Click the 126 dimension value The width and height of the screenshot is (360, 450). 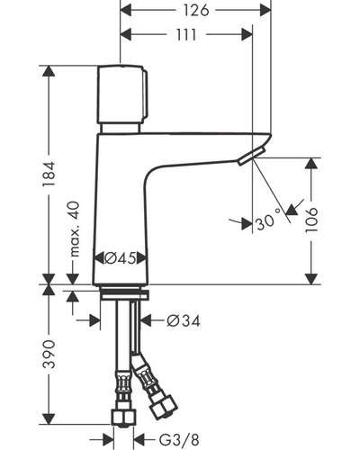196,11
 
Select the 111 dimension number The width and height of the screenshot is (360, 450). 186,35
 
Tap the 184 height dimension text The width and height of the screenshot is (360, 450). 49,174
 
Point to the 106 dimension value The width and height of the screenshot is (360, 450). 311,220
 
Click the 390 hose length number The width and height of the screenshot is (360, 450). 49,354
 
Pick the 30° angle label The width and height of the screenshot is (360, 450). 269,221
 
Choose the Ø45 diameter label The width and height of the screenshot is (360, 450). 120,258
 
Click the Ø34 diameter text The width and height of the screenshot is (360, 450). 184,321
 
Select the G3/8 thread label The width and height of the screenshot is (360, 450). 179,440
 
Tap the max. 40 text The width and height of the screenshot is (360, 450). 74,229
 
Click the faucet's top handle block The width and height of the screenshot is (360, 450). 122,94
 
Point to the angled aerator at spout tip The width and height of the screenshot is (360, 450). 251,157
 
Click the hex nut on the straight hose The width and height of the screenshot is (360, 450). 123,417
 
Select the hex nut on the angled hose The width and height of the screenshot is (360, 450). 163,407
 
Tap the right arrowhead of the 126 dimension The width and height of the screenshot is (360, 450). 265,11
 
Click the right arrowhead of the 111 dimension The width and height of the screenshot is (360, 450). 247,35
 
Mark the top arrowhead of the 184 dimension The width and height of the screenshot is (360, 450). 49,71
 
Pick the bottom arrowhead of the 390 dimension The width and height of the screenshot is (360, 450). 49,418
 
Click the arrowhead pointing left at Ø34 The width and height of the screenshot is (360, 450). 146,320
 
